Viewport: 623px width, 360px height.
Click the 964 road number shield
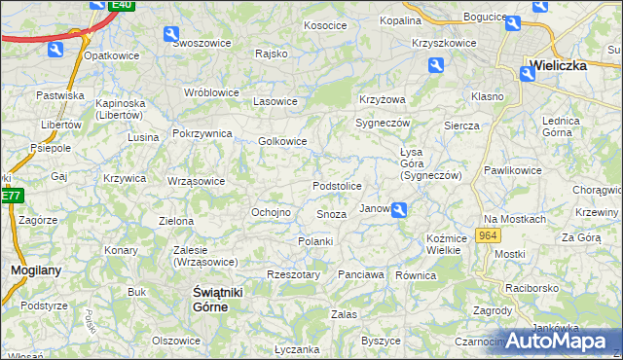click(489, 235)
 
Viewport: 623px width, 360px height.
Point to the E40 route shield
click(122, 5)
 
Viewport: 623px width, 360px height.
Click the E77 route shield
click(11, 195)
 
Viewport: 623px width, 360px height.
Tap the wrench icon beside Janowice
click(399, 208)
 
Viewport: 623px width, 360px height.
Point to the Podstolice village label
click(338, 186)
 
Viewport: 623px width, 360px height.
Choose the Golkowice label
click(282, 141)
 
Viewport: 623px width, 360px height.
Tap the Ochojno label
click(272, 212)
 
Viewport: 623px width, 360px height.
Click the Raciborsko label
click(531, 288)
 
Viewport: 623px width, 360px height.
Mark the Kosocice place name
click(326, 25)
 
